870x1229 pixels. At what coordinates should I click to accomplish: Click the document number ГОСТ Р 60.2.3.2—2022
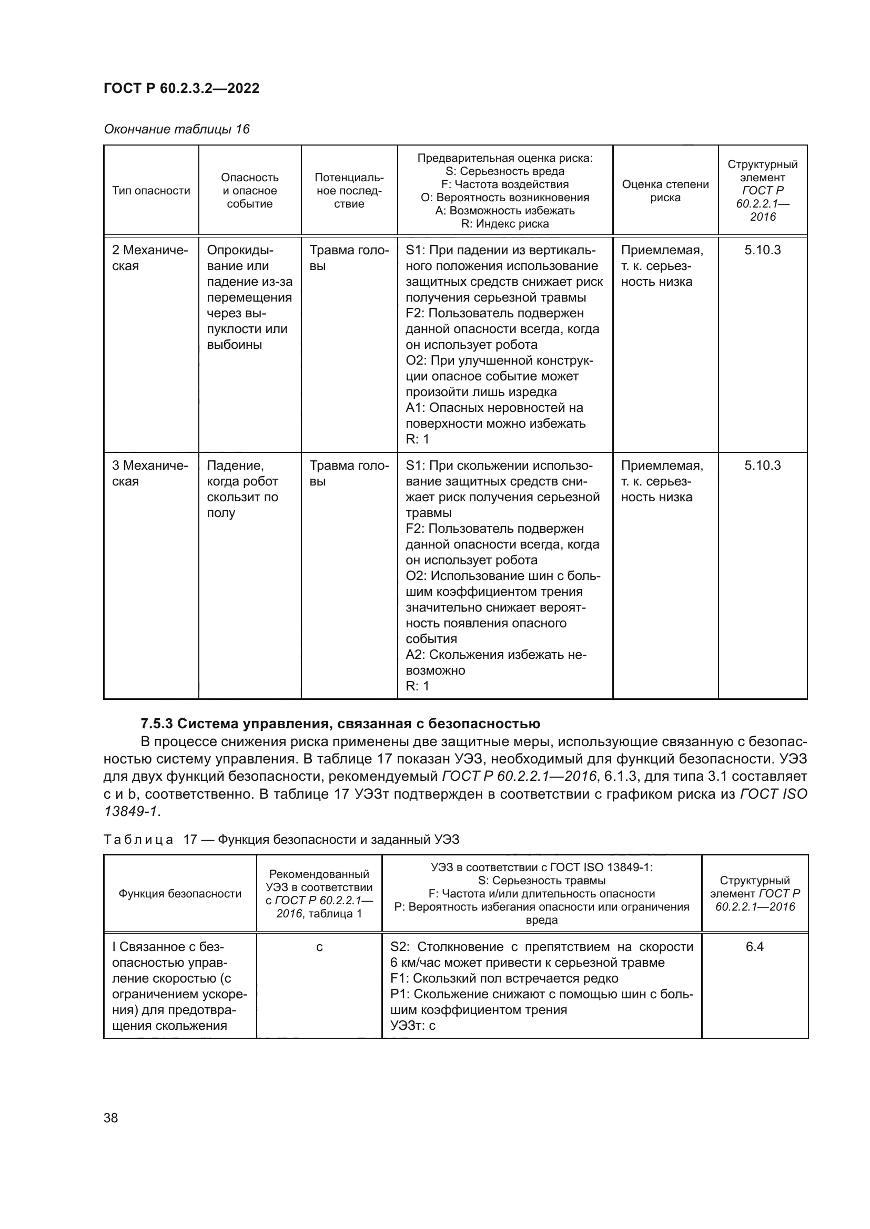coord(181,88)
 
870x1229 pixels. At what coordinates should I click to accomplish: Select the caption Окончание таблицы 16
coord(176,129)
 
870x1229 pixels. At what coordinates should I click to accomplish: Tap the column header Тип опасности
coord(151,191)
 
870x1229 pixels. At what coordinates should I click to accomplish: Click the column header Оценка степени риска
coord(665,191)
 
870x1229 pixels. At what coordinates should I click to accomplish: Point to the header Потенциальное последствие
coord(349,191)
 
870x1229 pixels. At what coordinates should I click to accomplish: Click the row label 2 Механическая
coord(149,258)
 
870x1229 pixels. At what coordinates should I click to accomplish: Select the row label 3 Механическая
coord(149,473)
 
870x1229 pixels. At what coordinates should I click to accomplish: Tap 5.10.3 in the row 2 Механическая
coord(762,250)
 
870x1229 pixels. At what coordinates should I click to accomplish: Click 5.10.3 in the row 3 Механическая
coord(762,465)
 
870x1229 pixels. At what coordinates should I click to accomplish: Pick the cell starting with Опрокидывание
coord(249,297)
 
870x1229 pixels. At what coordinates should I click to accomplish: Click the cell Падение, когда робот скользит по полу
coord(242,489)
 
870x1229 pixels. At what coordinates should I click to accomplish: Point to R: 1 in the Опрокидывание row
coord(417,439)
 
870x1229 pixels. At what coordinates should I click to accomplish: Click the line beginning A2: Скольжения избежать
coord(495,655)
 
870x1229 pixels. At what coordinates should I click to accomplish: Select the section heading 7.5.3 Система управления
coord(340,724)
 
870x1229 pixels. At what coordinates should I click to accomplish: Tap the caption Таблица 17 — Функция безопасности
coord(281,839)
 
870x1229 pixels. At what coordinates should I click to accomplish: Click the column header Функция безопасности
coord(179,893)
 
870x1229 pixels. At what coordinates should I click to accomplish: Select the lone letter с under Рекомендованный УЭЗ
coord(319,947)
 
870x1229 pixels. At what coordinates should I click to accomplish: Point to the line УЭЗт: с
coord(413,1026)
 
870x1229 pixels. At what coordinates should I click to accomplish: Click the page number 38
coord(111,1118)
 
